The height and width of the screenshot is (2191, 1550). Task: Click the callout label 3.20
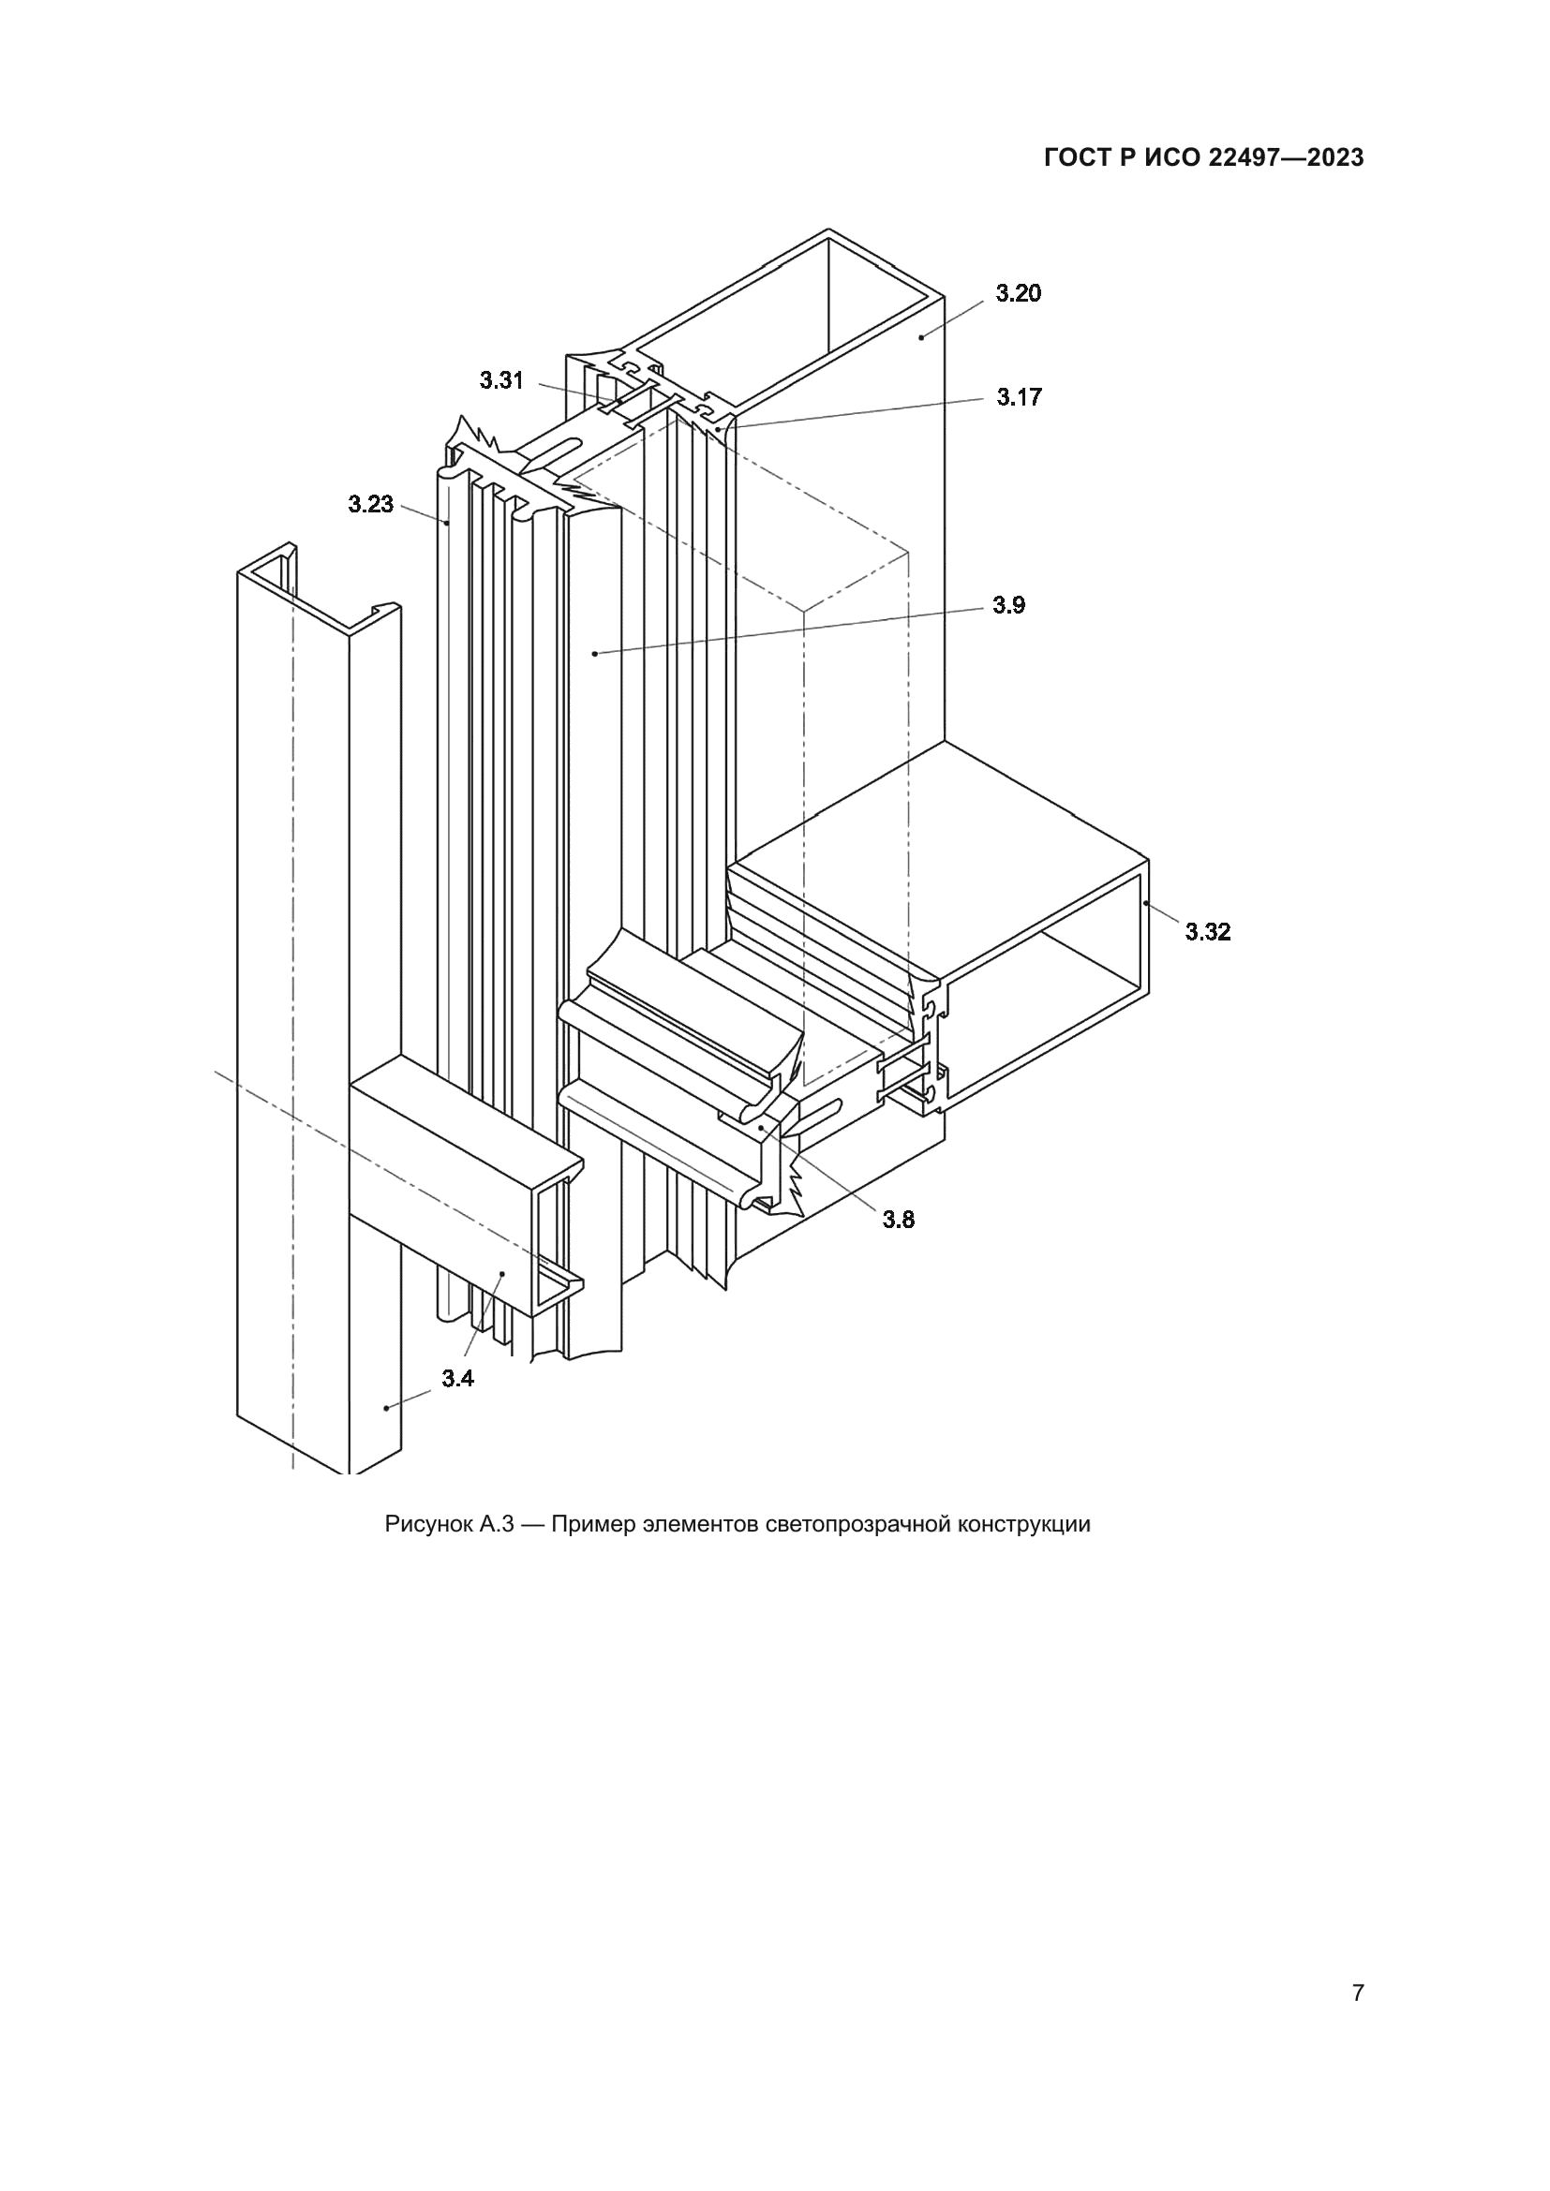point(1019,294)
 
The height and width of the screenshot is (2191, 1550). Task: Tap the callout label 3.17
point(1020,397)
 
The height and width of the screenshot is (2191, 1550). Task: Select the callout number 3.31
point(501,380)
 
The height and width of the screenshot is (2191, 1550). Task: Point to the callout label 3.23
point(370,504)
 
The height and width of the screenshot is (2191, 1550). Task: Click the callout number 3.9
point(1008,605)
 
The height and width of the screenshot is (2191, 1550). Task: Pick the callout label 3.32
point(1207,932)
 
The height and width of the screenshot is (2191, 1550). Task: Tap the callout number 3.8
point(898,1220)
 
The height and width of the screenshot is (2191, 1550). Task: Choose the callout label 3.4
point(457,1378)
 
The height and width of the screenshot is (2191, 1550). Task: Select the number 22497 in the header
point(1242,158)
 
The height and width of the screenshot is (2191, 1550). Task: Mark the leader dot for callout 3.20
point(922,336)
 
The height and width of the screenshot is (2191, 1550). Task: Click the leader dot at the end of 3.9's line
point(595,654)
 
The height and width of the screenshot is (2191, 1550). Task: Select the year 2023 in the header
point(1335,158)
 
